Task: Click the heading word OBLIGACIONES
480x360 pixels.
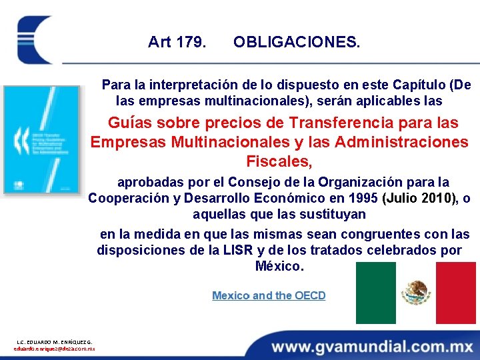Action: point(297,43)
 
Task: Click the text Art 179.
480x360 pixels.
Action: point(177,43)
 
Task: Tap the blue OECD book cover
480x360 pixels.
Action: point(41,139)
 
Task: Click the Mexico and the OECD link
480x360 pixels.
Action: point(269,295)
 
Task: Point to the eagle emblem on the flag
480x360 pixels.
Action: point(416,293)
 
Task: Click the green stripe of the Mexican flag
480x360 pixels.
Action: point(375,293)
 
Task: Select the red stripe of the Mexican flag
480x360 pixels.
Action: point(456,293)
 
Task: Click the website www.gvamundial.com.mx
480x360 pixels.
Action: point(373,347)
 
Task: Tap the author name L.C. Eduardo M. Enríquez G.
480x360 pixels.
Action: point(55,341)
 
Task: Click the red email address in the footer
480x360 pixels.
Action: point(55,349)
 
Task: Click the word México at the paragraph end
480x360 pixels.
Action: point(279,267)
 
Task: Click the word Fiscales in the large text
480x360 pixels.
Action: point(279,161)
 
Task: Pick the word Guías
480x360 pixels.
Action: point(129,123)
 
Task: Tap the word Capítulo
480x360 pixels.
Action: point(417,85)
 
